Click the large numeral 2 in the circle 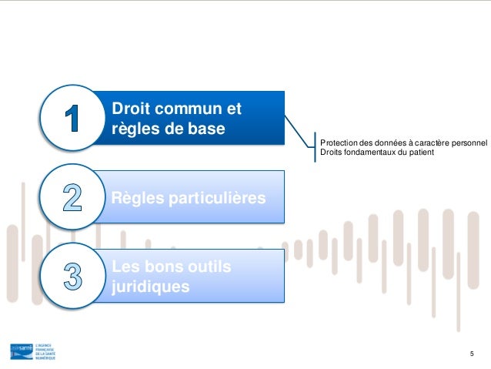(x=72, y=197)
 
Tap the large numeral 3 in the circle (x=72, y=275)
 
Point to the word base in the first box (x=205, y=127)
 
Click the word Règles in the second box (x=134, y=199)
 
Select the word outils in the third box (x=208, y=267)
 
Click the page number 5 (x=472, y=353)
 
